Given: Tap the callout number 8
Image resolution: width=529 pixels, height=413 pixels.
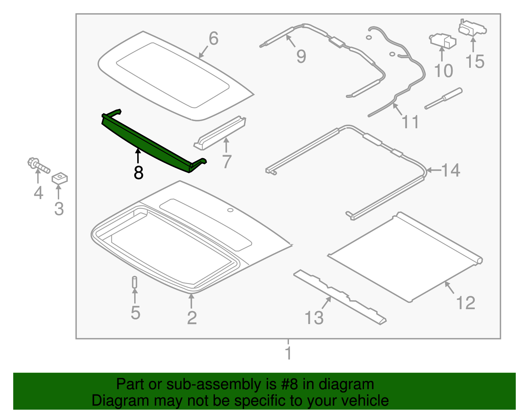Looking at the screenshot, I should tap(139, 173).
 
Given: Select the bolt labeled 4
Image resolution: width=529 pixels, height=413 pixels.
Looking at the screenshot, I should tap(38, 165).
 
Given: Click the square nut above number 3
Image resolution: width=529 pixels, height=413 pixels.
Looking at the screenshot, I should tap(60, 178).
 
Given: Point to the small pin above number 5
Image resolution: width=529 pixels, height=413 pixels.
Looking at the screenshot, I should tap(135, 282).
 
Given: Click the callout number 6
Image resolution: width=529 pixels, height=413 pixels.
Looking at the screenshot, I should tap(214, 39).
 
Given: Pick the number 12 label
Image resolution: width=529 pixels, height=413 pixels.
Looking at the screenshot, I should tap(466, 303).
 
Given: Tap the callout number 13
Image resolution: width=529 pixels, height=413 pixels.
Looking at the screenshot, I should tap(314, 318).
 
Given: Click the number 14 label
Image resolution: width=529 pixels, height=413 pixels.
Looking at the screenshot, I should tap(451, 170).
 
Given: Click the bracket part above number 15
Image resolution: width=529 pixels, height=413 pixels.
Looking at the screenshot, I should tap(472, 28).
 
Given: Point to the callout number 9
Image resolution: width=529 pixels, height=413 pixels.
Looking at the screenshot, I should tap(301, 57).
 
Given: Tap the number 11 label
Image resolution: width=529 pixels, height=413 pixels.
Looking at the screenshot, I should tap(410, 122).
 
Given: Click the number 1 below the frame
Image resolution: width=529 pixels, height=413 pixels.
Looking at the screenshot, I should tap(288, 353).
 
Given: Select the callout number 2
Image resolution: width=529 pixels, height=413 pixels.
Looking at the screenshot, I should tap(192, 318).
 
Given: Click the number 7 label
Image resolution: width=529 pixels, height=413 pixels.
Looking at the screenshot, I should tap(227, 162).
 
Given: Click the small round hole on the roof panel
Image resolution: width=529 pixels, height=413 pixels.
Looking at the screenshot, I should tap(230, 210).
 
